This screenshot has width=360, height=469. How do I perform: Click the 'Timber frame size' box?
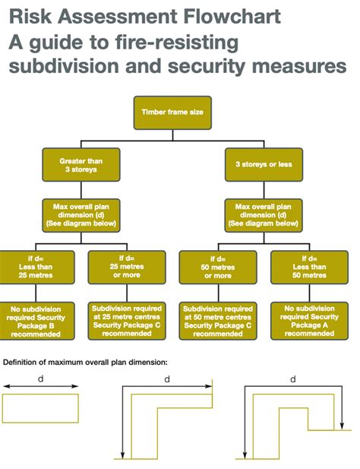(x=172, y=112)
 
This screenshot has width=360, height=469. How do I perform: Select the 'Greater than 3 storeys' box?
(x=81, y=165)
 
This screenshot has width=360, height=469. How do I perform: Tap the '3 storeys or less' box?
(x=264, y=164)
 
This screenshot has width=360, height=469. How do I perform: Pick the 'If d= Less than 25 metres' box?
(x=36, y=267)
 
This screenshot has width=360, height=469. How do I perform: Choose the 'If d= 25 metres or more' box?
(x=127, y=267)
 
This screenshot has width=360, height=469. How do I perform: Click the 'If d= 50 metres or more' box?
(x=218, y=267)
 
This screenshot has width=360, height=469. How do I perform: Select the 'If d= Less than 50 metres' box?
(x=309, y=267)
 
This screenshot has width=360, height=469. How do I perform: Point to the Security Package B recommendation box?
(x=36, y=321)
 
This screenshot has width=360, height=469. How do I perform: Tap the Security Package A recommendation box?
(x=309, y=321)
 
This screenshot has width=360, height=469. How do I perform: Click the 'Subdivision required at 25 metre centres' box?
(x=127, y=321)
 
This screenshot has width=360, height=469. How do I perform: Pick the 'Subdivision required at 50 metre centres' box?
(x=218, y=321)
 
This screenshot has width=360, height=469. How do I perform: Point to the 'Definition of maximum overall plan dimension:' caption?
(x=85, y=363)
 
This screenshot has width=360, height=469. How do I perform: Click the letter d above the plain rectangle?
(x=40, y=379)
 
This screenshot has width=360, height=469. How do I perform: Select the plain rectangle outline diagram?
(x=40, y=394)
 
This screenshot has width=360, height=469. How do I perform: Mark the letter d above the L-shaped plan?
(x=167, y=379)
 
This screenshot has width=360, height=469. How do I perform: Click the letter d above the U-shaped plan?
(x=293, y=379)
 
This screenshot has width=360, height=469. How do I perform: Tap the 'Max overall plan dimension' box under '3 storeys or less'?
(x=264, y=215)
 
